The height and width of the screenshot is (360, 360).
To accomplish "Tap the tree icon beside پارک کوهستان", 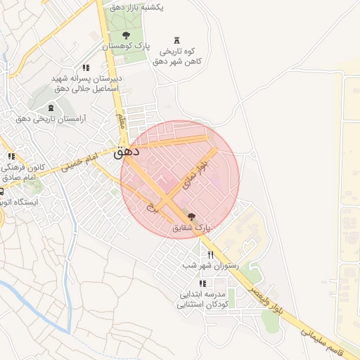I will (126, 34).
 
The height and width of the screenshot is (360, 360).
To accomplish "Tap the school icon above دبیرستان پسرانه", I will (86, 67).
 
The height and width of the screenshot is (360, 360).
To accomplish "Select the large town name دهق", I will (126, 150).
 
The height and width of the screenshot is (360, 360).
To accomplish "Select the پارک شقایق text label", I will (192, 228).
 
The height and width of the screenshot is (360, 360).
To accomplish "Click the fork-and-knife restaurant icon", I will (210, 255).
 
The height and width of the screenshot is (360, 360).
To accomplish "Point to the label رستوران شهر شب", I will (210, 266).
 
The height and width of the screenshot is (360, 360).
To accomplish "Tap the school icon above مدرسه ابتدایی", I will (202, 283).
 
